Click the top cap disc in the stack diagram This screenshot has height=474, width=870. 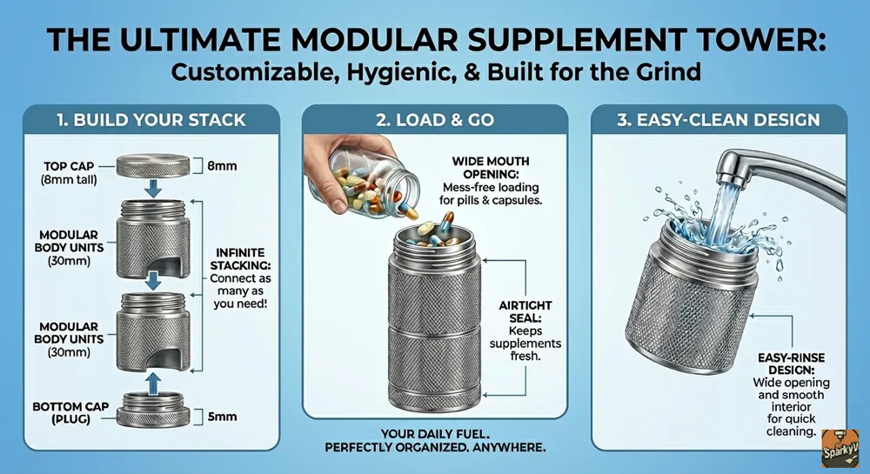(x=152, y=166)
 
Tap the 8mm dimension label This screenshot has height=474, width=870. (x=222, y=166)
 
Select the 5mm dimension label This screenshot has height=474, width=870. (x=222, y=417)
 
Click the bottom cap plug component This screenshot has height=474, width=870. (x=152, y=410)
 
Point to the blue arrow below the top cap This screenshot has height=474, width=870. (x=152, y=188)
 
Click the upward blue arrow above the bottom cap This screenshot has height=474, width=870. (x=154, y=383)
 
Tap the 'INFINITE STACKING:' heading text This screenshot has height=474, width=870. (x=240, y=258)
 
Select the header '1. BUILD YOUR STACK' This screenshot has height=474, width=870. (x=151, y=120)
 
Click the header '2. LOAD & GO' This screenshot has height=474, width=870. (x=435, y=120)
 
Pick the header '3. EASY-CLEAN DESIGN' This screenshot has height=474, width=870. (x=719, y=120)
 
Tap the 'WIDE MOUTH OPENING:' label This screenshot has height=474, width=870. (x=491, y=168)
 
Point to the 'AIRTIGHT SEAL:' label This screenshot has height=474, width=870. (x=525, y=311)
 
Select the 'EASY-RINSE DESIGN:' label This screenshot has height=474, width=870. (x=791, y=364)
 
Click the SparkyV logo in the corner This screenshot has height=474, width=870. (x=840, y=448)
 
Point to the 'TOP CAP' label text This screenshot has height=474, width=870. (x=69, y=166)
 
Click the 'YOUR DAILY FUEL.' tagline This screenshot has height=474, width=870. (x=435, y=433)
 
